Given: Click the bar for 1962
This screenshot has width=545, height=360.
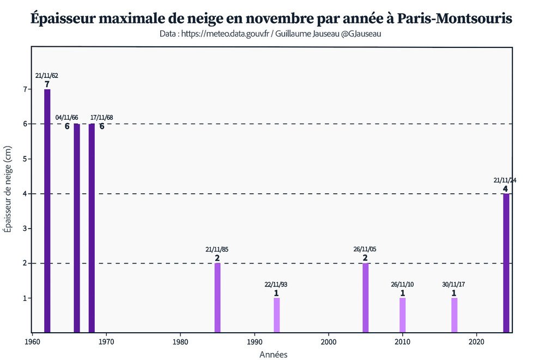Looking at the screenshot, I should tap(47, 211).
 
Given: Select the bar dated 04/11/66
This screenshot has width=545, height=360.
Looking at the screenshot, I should tap(77, 228).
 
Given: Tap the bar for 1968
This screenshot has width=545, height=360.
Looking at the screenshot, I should tap(92, 228).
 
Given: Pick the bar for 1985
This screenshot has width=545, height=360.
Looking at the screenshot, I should tap(217, 297).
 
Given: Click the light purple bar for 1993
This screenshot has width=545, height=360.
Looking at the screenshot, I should tap(277, 315).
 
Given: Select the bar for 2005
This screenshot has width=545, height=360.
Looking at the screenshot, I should tap(366, 297).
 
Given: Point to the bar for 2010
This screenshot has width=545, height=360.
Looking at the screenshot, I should tap(403, 315).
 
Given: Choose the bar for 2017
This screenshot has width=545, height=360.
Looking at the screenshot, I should tap(455, 315).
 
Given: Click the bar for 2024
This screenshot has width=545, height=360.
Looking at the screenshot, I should tap(506, 263).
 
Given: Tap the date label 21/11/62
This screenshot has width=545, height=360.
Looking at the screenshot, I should tap(47, 76).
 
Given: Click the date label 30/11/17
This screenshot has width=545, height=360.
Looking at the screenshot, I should tap(453, 284).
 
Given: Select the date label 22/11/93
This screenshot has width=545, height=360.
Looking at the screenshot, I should tap(276, 284).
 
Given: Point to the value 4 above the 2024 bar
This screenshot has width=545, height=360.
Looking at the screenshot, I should tap(505, 189).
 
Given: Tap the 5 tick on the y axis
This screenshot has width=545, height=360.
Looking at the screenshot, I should tap(24, 159).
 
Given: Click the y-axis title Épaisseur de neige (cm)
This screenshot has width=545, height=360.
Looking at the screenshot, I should tap(8, 189).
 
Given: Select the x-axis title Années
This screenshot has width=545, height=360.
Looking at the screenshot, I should tap(272, 354).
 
